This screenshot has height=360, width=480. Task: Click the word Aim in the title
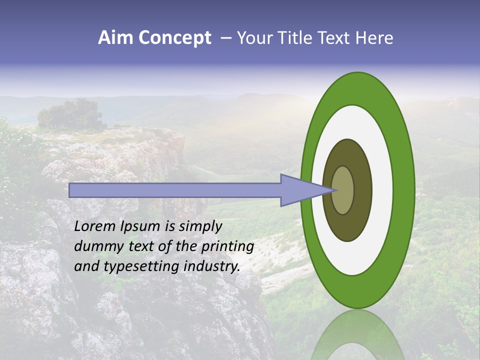[115, 38]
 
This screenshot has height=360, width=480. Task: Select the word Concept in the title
[174, 38]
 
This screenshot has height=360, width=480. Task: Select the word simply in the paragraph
[200, 227]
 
